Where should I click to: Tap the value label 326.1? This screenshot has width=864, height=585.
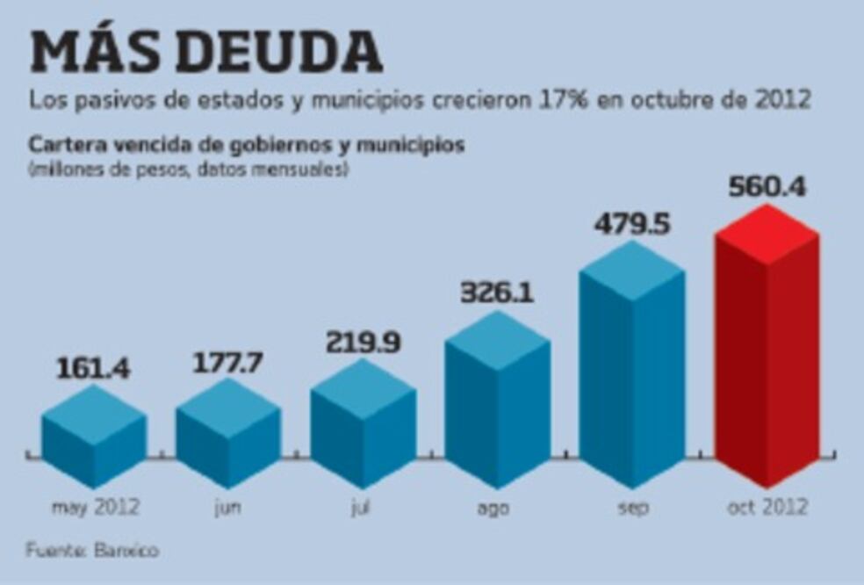pos(498,292)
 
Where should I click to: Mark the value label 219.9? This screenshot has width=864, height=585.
pos(363,341)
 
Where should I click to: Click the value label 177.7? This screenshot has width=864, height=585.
pos(228,362)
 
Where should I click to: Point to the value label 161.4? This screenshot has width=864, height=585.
pos(94,368)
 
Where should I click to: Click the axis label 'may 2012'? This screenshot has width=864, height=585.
pos(95,508)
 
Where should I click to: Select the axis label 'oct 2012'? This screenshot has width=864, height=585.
pos(768,508)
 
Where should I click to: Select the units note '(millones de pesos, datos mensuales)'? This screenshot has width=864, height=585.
pos(188,169)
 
